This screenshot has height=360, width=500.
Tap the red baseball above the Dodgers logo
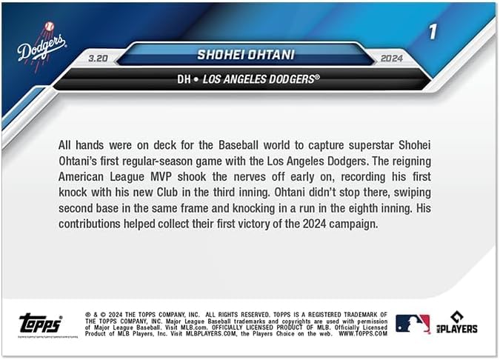tap(49, 27)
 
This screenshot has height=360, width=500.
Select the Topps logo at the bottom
tap(41, 323)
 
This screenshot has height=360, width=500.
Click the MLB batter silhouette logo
tap(412, 324)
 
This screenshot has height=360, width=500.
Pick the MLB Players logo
tap(458, 323)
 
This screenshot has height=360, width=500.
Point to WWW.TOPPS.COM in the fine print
tap(364, 334)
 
